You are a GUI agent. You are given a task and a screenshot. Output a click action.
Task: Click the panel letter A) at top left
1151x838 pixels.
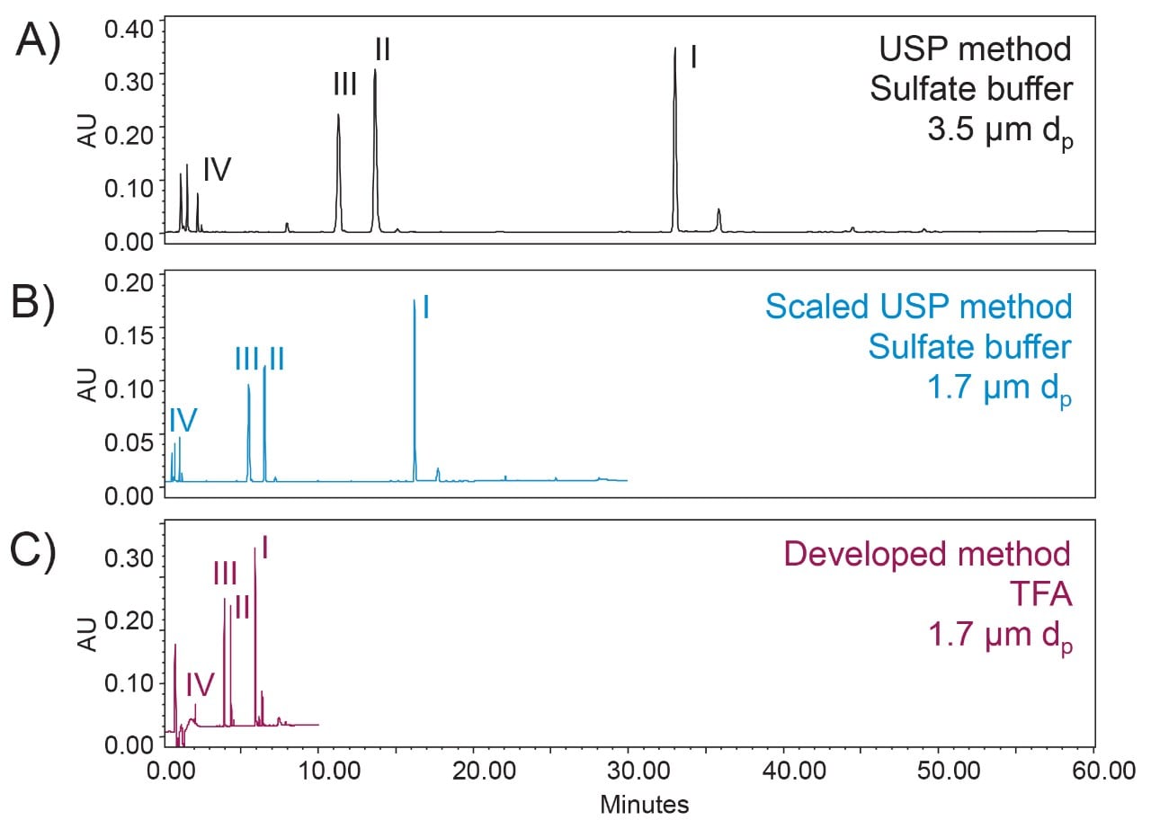37,42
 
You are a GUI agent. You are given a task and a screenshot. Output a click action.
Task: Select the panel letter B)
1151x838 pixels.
33,303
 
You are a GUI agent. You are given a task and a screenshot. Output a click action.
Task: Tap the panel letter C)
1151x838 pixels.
33,550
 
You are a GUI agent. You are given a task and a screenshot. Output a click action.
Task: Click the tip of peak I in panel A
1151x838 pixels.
674,49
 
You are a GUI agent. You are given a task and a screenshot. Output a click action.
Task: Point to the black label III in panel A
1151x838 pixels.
344,85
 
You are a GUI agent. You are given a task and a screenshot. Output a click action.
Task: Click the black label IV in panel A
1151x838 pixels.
217,169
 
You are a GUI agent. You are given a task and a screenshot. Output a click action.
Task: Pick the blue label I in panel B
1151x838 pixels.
425,308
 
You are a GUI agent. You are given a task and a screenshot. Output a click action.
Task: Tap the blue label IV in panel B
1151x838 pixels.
183,419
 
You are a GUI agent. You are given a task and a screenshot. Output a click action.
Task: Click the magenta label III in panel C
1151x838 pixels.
225,573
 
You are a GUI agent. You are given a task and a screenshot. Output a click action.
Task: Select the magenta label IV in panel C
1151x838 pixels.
200,685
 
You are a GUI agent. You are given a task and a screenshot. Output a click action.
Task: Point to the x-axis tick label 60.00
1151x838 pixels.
1093,771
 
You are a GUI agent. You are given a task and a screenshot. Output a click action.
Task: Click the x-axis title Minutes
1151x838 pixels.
644,804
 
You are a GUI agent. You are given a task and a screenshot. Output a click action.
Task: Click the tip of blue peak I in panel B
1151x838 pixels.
414,301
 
